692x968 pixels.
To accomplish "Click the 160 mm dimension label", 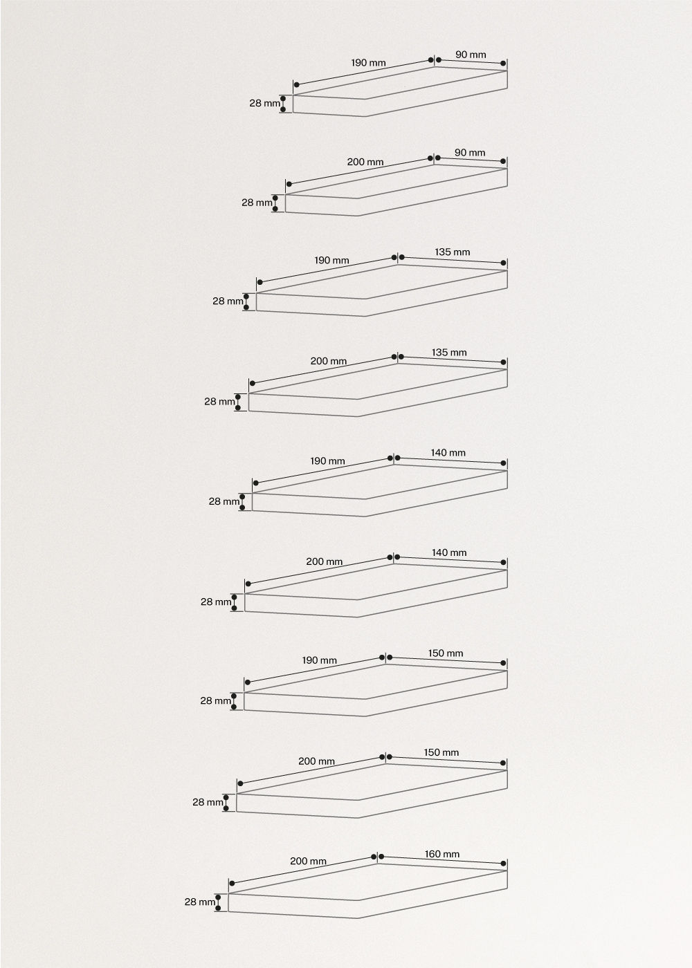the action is tap(442, 854).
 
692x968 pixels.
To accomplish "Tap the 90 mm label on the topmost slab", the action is tap(471, 55).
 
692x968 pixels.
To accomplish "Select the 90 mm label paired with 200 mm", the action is tap(470, 153).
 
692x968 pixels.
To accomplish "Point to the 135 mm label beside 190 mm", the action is tap(453, 252).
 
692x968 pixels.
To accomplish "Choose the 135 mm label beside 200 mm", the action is tap(449, 353).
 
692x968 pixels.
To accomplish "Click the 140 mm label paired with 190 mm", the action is tap(448, 453).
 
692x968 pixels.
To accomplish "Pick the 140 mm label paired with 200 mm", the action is tap(449, 552).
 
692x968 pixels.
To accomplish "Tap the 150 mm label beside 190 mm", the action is tap(446, 653).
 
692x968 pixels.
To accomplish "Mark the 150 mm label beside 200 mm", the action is tap(441, 752).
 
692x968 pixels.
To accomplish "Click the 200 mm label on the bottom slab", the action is tap(308, 861).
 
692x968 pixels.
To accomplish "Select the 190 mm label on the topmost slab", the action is tap(368, 63).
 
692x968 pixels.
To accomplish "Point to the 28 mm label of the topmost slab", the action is tap(264, 103).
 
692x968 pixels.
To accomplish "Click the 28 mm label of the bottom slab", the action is tap(200, 902).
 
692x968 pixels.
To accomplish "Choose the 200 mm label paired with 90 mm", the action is tap(365, 162).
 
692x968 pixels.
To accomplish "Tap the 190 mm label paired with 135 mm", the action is tap(331, 261).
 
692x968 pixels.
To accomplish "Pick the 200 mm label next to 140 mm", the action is tap(325, 561).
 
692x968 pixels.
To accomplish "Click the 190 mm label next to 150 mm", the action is tap(320, 660).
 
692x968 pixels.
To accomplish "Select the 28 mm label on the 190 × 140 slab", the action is tap(224, 502).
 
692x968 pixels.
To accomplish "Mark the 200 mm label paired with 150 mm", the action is tap(317, 761).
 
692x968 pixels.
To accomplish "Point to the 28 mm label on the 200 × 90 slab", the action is tap(257, 203).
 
